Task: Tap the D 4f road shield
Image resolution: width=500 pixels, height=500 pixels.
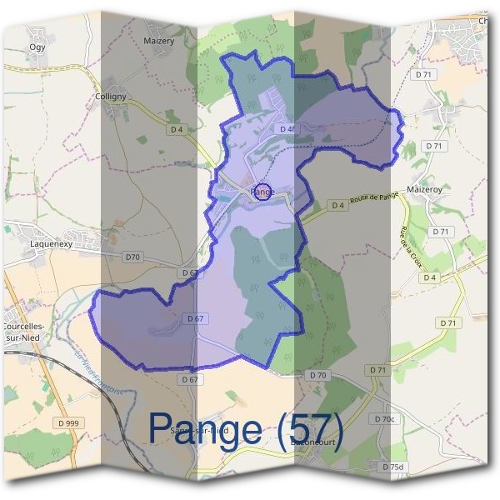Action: pyautogui.click(x=287, y=128)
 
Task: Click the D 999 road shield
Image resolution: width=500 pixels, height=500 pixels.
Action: pyautogui.click(x=70, y=423)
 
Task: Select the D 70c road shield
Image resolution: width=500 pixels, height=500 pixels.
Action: pyautogui.click(x=385, y=418)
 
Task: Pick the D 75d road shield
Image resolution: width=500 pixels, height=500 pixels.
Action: pyautogui.click(x=392, y=466)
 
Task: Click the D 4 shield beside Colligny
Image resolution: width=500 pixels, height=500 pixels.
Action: pyautogui.click(x=176, y=129)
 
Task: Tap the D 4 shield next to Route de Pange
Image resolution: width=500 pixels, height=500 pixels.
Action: pyautogui.click(x=337, y=204)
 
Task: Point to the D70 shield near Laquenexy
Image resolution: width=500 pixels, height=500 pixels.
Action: pyautogui.click(x=132, y=257)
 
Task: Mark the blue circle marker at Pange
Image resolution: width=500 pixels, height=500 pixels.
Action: pyautogui.click(x=262, y=192)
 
